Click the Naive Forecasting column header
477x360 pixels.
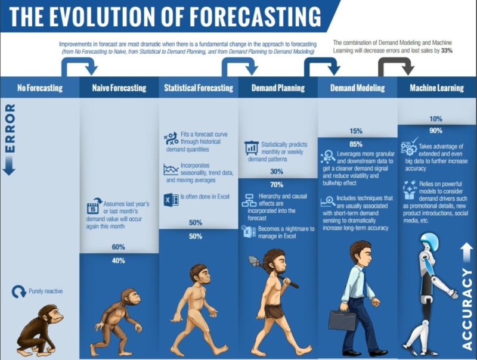click(x=119, y=88)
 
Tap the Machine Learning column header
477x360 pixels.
click(x=436, y=88)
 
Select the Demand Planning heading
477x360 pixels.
click(x=278, y=88)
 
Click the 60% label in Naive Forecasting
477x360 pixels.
click(x=118, y=247)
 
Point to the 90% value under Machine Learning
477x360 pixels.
click(x=436, y=131)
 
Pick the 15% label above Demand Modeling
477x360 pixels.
click(x=355, y=131)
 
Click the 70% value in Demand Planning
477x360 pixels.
click(x=277, y=185)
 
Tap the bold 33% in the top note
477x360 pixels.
click(x=447, y=51)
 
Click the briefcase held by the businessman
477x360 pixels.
click(x=342, y=320)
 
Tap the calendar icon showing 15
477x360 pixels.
click(x=93, y=208)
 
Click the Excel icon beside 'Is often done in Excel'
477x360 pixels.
click(x=171, y=200)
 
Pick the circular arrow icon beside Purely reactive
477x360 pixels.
click(x=19, y=291)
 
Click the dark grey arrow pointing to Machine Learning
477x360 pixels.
click(x=396, y=61)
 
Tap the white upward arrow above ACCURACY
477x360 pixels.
click(x=467, y=253)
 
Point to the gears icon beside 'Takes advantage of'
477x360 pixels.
click(x=408, y=148)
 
